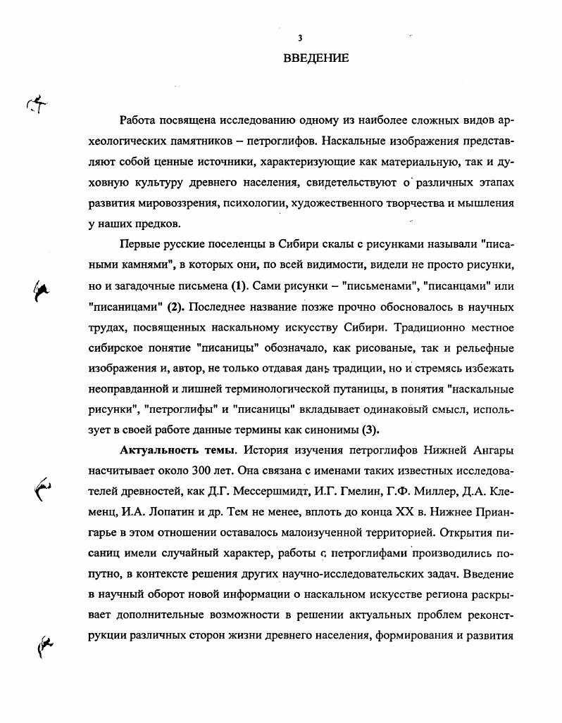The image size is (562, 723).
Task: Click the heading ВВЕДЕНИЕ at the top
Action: click(316, 58)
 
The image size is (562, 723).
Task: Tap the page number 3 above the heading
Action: click(300, 38)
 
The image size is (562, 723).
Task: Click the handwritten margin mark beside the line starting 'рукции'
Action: click(46, 645)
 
